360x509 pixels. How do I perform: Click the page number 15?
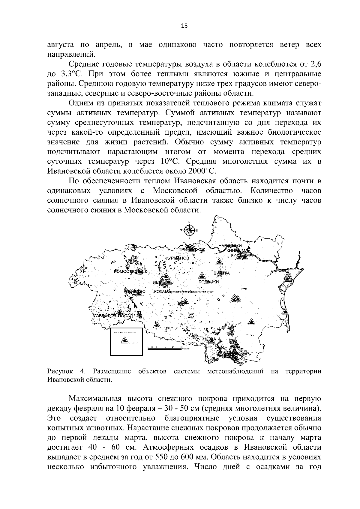184,26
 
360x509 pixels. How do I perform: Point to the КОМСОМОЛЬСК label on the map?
131,271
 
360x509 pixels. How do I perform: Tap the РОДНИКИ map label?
209,282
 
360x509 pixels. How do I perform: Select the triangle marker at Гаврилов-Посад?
120,312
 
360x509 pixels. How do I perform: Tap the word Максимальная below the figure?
95,399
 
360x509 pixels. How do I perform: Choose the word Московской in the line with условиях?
175,191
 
